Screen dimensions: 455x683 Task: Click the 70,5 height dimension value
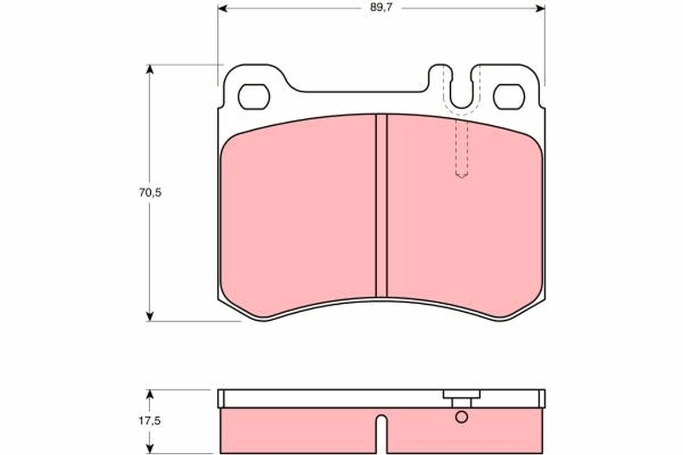(150, 193)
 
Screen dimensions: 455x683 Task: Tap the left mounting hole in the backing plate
(253, 97)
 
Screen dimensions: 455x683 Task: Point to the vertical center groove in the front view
(381, 205)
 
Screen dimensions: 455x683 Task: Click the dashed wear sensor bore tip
(461, 174)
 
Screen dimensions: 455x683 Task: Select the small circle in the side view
(462, 417)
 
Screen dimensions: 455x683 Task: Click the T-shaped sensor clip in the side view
(461, 397)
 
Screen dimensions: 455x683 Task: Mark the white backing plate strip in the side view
(330, 398)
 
